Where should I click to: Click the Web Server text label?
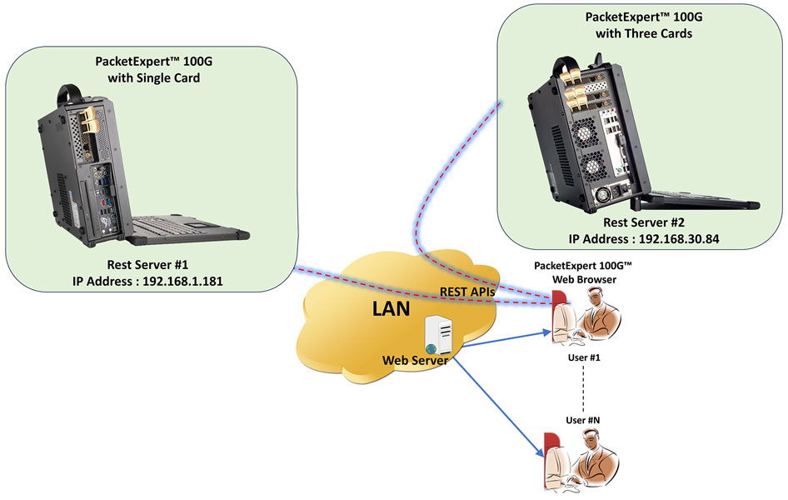point(413,360)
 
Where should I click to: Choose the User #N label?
point(583,420)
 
